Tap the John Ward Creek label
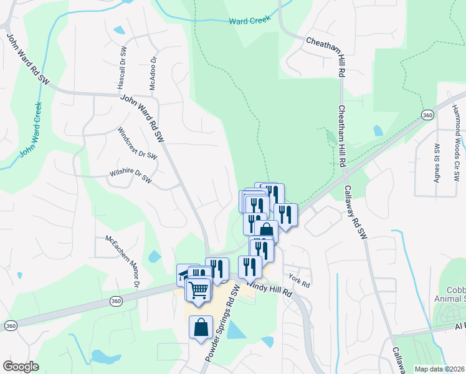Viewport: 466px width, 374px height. point(30,129)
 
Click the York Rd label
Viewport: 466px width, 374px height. point(300,280)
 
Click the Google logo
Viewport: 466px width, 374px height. point(21,366)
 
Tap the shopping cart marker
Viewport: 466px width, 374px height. point(199,290)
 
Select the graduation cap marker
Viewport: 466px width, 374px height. point(184,275)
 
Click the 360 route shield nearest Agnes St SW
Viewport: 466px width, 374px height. point(427,115)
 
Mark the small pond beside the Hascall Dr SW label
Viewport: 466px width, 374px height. point(119,29)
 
